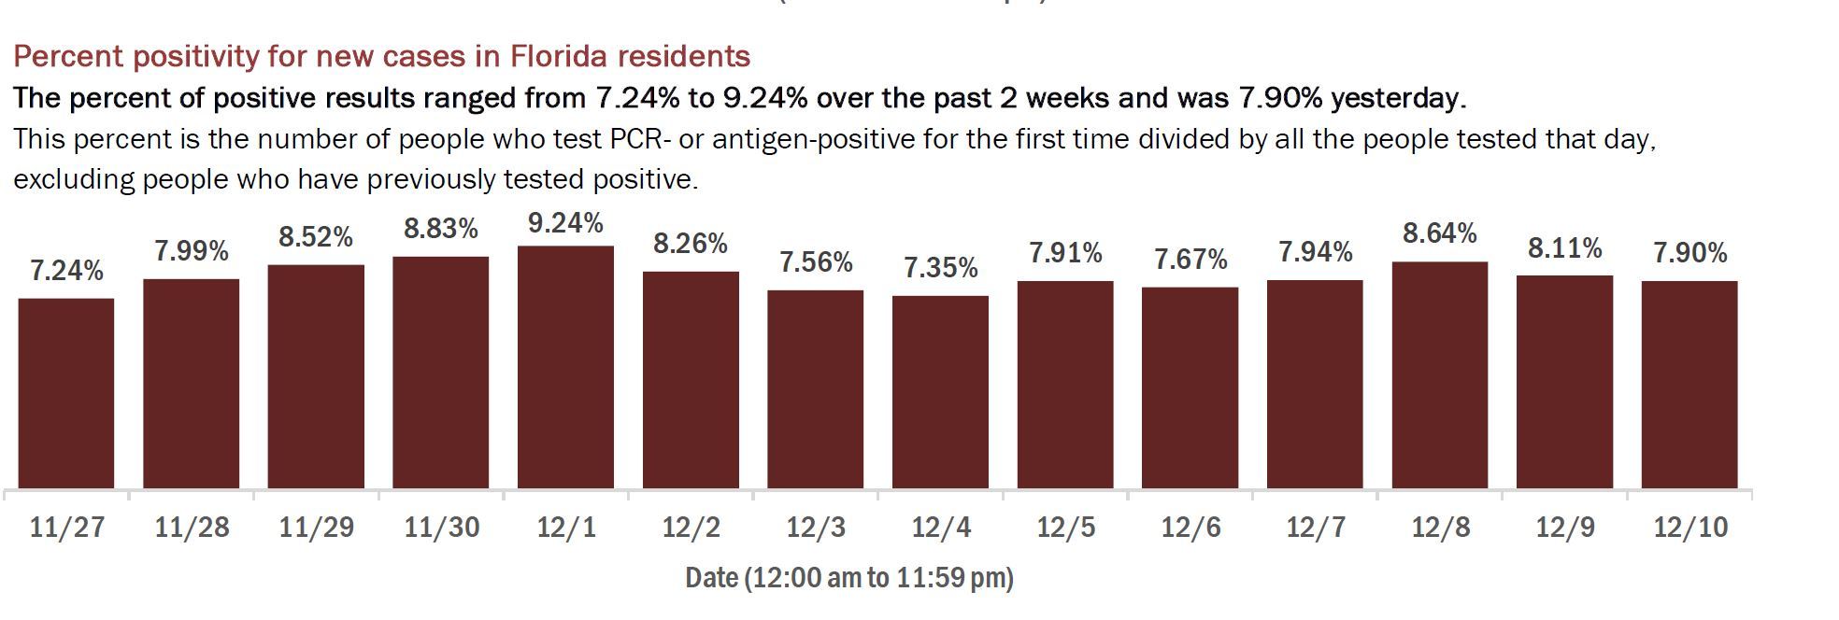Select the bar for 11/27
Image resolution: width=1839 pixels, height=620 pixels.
66,393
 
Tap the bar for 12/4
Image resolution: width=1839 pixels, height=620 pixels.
940,392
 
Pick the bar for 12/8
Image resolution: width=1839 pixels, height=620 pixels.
1439,374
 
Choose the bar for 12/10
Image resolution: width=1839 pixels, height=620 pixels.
1689,385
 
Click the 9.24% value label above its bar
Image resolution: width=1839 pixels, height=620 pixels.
565,223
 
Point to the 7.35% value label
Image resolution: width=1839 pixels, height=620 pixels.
940,269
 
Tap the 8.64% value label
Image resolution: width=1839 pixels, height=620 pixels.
1439,233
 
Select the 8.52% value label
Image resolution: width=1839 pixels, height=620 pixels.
316,237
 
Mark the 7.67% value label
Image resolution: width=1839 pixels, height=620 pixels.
1190,260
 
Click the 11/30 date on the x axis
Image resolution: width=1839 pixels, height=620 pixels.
441,528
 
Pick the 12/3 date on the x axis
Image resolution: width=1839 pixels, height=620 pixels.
816,528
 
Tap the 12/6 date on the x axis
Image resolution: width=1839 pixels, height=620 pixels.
1190,528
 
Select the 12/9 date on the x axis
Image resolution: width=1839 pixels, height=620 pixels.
1565,528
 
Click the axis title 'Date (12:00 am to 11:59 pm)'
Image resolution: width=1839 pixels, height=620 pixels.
848,578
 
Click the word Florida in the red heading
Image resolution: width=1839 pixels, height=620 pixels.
549,57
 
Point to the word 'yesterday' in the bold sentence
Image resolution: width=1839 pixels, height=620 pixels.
1397,98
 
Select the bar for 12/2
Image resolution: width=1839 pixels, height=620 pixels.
691,380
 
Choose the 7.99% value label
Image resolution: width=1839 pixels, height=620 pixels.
192,251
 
